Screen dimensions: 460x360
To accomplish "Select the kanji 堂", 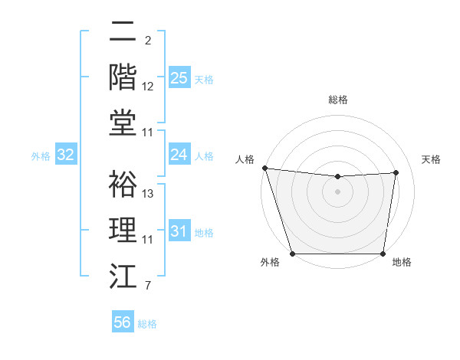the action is point(123,123).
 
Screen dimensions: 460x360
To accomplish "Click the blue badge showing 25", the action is point(179,77).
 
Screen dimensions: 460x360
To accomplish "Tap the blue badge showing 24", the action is point(179,155).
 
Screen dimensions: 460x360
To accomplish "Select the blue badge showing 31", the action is point(179,231).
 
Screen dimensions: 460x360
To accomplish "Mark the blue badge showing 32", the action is point(65,155).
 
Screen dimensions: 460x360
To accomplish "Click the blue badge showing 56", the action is point(122,322).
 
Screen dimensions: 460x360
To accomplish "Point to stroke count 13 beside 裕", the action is point(148,194).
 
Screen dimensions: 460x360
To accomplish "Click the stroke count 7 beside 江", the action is point(147,286).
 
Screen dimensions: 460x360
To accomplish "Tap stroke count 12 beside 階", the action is point(148,87).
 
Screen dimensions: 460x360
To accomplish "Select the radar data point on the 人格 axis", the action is point(264,168).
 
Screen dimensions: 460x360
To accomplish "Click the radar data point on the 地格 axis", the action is point(383,254).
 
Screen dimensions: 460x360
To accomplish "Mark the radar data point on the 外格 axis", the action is point(293,254).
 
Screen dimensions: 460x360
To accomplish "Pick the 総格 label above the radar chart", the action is point(338,100).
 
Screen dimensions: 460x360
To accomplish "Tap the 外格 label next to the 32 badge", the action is point(40,156).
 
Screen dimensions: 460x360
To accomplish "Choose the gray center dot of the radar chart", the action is point(337,191).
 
